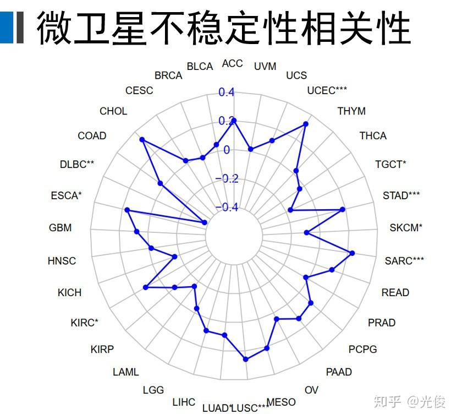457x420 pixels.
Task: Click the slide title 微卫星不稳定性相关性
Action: coord(223,28)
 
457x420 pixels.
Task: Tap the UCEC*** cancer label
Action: coord(327,90)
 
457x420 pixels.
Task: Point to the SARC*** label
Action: coord(404,260)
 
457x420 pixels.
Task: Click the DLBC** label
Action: coord(77,165)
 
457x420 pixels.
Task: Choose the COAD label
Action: coord(92,136)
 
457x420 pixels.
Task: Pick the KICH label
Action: coord(69,292)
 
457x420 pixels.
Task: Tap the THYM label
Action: coord(351,111)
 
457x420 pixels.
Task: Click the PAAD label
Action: coord(339,372)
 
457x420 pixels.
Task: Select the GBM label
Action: coord(60,227)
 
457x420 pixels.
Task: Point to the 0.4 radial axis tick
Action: coord(227,92)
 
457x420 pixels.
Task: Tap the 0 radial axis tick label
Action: coord(227,150)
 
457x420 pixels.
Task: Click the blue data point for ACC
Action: coord(234,120)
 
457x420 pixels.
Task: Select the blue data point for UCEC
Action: coord(306,124)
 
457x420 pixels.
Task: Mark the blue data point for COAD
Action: coord(142,140)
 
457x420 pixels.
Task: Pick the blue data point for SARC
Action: coord(352,253)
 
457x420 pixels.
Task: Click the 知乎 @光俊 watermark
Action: coord(409,402)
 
